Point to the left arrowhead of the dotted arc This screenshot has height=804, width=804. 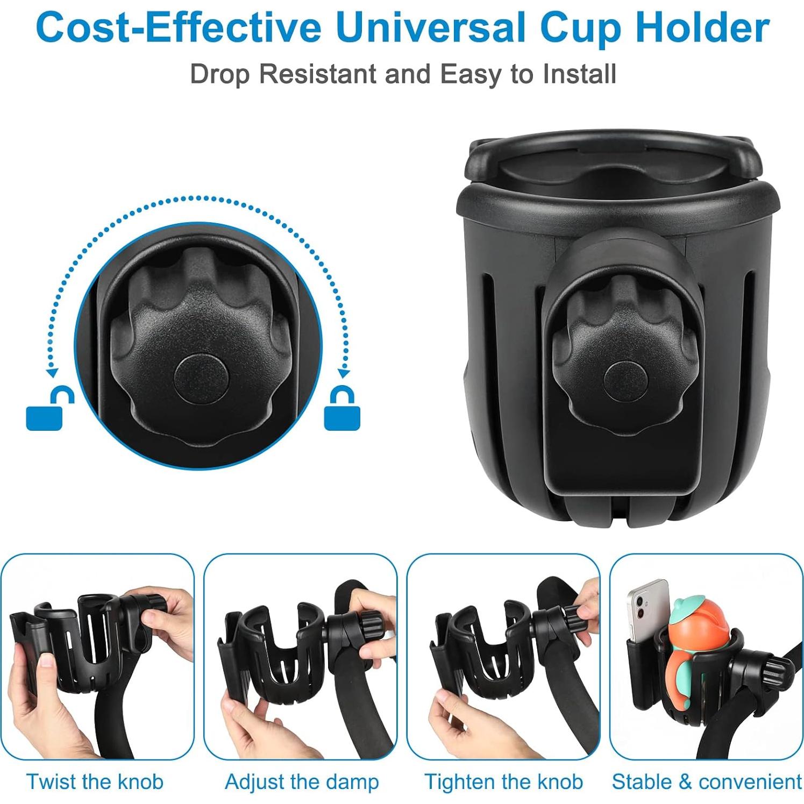coord(52,372)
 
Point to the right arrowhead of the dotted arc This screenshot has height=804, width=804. coord(344,372)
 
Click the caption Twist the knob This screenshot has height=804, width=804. coord(95,781)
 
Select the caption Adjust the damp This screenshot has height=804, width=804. coord(302,781)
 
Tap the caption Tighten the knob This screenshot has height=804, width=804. coord(503,781)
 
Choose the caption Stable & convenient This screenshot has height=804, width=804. coord(707,781)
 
